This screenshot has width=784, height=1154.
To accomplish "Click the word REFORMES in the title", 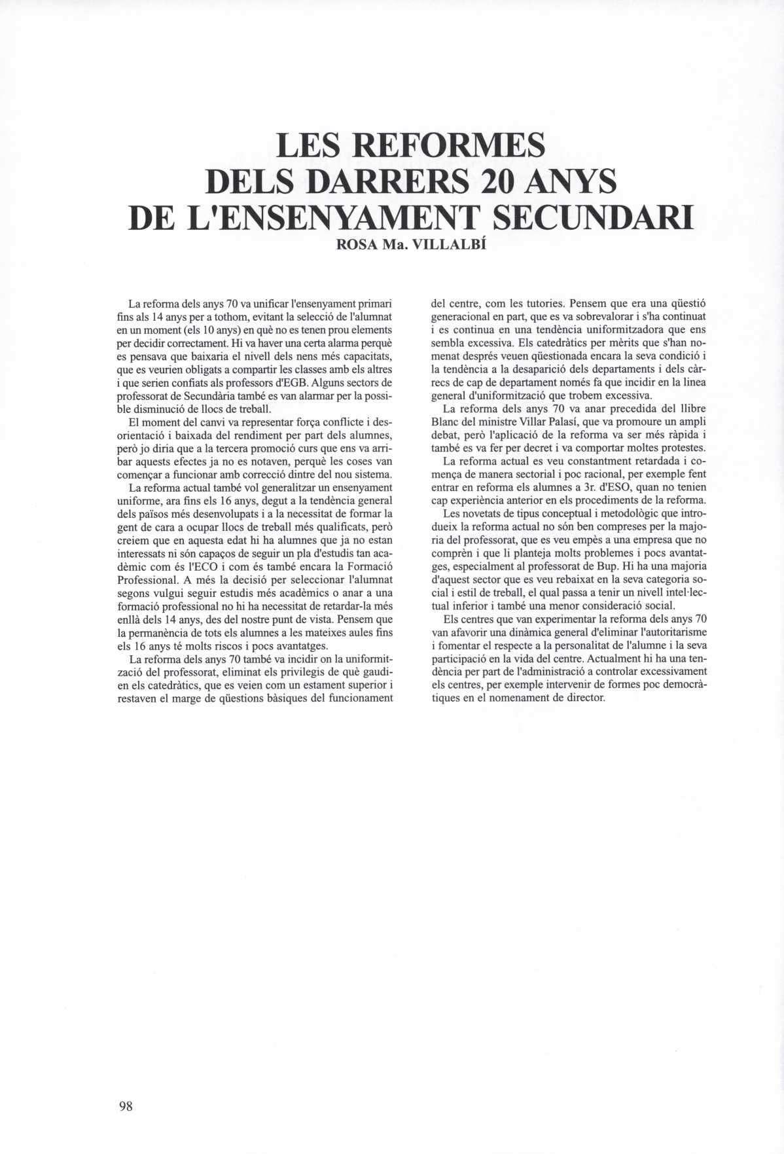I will pos(447,146).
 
